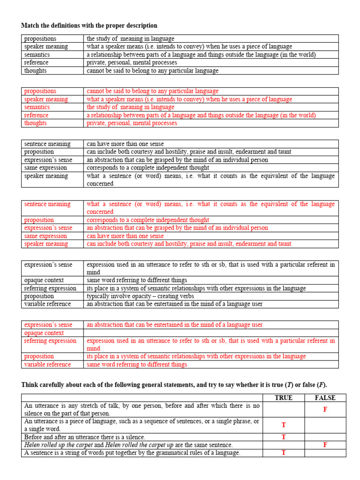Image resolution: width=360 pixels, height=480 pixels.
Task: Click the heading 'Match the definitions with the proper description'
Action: pos(89,25)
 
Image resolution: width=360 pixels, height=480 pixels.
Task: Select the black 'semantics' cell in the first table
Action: pos(37,55)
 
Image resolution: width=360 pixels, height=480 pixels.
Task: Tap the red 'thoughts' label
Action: pos(36,123)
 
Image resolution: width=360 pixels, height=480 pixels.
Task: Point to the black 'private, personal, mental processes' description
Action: pos(132,63)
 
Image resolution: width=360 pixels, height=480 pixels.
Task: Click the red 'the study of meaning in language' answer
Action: pos(130,107)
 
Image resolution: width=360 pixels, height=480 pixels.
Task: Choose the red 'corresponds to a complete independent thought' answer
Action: pos(148,220)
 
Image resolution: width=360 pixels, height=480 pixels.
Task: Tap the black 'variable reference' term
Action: pos(47,304)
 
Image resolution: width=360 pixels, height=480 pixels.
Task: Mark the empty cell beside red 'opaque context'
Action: pos(210,333)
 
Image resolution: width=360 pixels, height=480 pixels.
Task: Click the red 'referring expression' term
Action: pos(50,341)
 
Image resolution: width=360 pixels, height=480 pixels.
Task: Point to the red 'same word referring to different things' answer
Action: pos(137,365)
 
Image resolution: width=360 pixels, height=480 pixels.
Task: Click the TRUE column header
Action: pos(283,398)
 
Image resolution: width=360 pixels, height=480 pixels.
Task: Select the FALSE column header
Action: pos(325,398)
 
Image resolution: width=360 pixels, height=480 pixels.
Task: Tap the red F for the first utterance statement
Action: pos(325,410)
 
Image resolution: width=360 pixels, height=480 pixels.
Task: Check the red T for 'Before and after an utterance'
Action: pos(283,437)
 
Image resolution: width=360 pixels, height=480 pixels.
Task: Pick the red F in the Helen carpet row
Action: pos(325,445)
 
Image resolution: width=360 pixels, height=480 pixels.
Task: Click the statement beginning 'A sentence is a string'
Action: pos(132,453)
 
